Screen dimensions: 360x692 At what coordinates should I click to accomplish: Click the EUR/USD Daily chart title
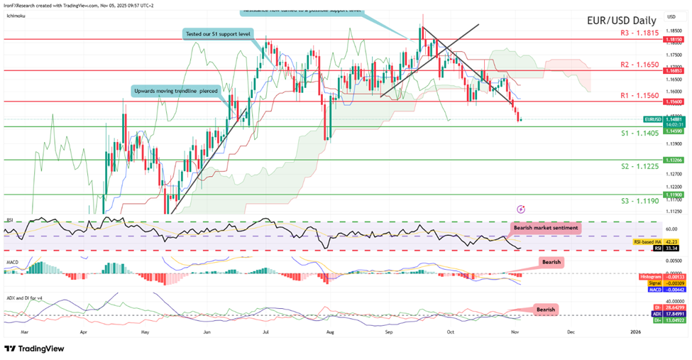click(617, 21)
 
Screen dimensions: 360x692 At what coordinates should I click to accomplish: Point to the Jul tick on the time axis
click(265, 330)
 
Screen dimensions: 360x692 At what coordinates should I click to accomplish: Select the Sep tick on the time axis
click(388, 330)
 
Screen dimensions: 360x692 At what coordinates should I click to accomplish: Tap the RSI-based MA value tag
click(648, 242)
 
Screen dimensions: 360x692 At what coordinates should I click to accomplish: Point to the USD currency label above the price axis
click(671, 16)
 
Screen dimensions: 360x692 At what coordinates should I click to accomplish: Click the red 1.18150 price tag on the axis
click(673, 40)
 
